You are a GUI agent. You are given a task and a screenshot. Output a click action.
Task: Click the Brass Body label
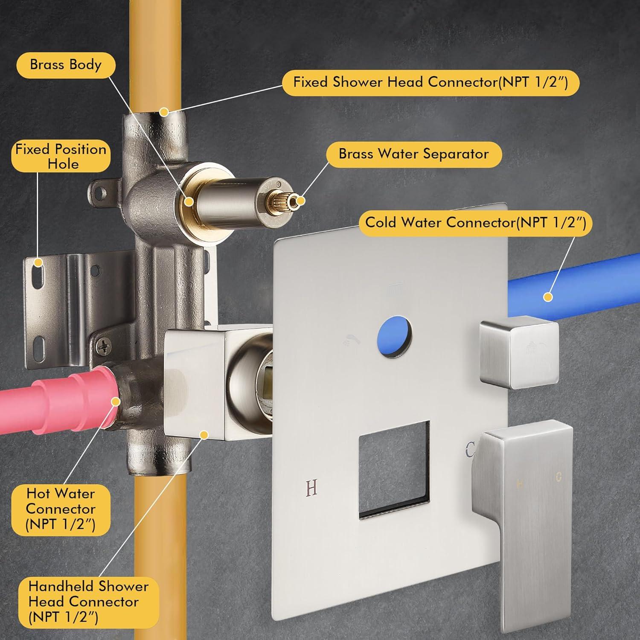tap(66, 64)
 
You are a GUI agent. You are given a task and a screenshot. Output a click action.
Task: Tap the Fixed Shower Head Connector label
tap(431, 81)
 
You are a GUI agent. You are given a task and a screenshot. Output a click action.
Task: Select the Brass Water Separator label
tap(414, 154)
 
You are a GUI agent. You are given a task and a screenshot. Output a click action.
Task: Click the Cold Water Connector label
tap(476, 222)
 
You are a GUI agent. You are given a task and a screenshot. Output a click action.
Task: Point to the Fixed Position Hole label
tap(61, 156)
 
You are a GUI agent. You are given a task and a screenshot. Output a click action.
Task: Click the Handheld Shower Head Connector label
tap(89, 602)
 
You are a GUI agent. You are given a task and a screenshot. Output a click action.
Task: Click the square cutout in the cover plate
tap(394, 470)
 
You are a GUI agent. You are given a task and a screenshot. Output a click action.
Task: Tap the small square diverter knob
tap(518, 354)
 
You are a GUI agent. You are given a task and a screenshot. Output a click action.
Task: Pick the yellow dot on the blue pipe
tap(548, 297)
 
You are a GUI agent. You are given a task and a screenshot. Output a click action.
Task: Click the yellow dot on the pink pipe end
tap(116, 401)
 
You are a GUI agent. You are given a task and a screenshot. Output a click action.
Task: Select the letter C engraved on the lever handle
tap(559, 477)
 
